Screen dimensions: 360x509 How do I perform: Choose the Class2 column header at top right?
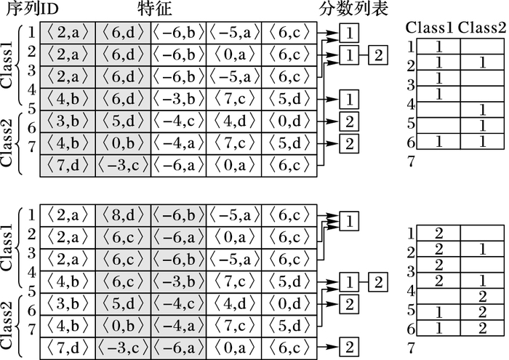(x=482, y=28)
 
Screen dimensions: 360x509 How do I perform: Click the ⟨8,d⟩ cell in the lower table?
(x=122, y=215)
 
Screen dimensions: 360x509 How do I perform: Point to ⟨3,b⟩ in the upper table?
(x=67, y=121)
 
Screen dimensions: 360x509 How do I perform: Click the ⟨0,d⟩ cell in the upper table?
(x=289, y=121)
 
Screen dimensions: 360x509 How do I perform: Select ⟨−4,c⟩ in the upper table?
(x=178, y=121)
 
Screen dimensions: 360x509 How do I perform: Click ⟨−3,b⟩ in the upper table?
(x=178, y=98)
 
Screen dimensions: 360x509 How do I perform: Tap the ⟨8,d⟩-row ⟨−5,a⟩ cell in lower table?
(x=233, y=215)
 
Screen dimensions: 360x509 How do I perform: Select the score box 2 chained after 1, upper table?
(x=378, y=55)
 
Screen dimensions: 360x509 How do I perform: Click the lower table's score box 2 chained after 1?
(x=378, y=281)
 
